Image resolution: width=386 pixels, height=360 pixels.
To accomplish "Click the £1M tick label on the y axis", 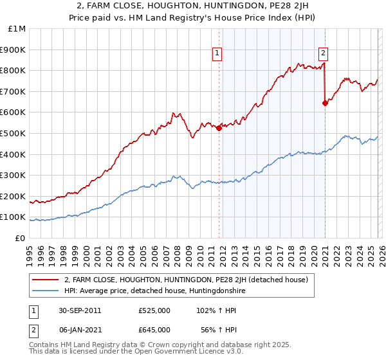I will (x=16, y=29).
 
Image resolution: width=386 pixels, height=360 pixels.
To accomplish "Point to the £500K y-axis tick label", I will (x=13, y=134).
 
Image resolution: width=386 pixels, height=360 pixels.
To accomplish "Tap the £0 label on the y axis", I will (x=21, y=238).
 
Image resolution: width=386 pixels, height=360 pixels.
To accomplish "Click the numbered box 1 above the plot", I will (x=218, y=54).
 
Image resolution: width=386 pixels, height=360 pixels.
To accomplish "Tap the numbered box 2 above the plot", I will (x=323, y=54).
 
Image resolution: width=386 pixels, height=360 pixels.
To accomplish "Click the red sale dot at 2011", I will (x=219, y=128).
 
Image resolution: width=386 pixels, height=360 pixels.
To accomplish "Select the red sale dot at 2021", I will (x=325, y=103).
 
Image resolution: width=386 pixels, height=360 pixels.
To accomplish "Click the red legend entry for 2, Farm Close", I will (x=186, y=280).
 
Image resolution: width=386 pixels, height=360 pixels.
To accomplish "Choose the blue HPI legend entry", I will (x=154, y=291).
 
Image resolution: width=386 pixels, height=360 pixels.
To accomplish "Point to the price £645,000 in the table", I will (x=154, y=329).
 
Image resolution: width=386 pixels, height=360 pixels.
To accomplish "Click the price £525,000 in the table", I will (x=154, y=310).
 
